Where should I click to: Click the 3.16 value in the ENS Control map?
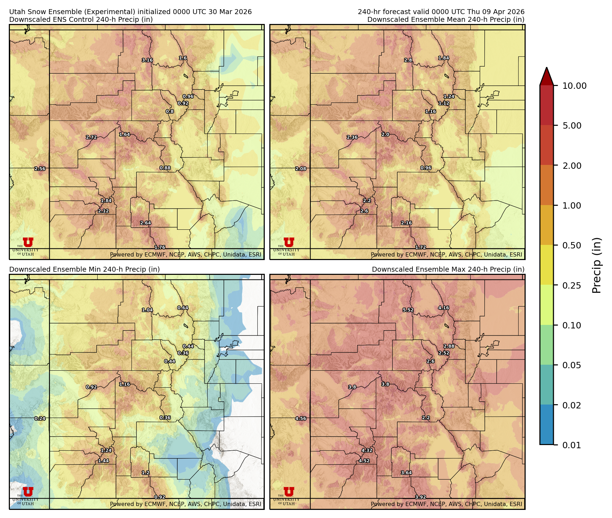click(147, 60)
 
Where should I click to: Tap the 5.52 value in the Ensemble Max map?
click(408, 310)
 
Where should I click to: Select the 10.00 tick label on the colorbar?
click(574, 86)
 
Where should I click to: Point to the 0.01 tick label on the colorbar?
click(571, 445)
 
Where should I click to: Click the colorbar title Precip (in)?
click(596, 265)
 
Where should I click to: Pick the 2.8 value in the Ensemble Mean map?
click(408, 60)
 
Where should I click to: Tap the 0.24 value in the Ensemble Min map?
click(40, 419)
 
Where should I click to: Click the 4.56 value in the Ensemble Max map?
click(301, 419)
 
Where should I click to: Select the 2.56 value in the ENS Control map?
click(40, 169)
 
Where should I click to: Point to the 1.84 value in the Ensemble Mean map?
click(443, 58)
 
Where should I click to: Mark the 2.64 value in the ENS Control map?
click(146, 223)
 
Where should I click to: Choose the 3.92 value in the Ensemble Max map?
click(420, 497)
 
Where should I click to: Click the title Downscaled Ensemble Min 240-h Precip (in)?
click(85, 270)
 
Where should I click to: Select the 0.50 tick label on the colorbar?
click(571, 246)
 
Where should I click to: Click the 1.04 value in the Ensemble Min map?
click(147, 310)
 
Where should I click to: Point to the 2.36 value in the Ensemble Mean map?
click(352, 137)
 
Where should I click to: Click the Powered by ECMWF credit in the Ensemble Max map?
click(446, 504)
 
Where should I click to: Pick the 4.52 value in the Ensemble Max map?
click(364, 461)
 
